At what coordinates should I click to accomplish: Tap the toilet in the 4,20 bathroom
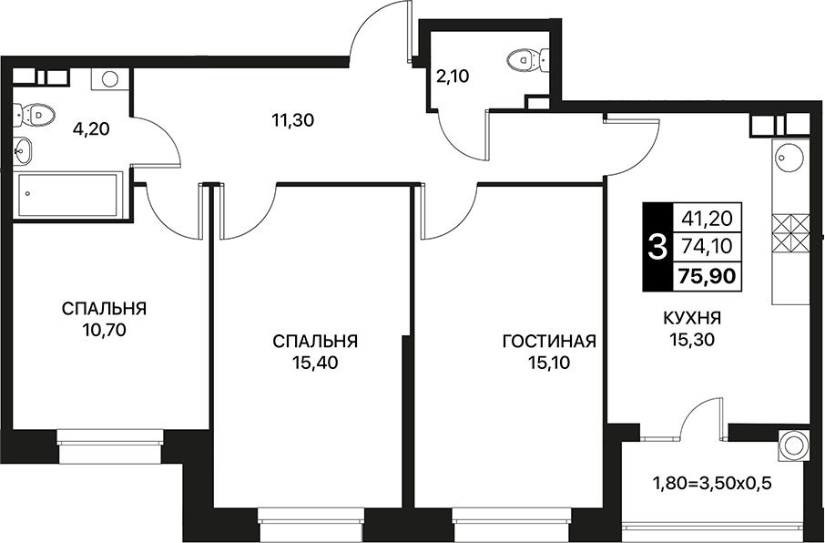tap(35, 114)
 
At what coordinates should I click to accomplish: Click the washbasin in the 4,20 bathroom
tap(23, 150)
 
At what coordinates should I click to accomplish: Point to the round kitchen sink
tap(790, 157)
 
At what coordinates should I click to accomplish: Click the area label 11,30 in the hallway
tap(293, 120)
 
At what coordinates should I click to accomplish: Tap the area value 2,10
tap(453, 77)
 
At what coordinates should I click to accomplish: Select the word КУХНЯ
tap(692, 319)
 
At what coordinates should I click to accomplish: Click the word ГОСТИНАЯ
tap(549, 342)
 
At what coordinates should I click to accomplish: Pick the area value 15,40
tap(315, 363)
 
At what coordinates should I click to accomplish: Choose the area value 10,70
tap(104, 330)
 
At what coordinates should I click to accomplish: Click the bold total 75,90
tap(707, 276)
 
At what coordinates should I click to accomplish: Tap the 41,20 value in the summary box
tap(707, 218)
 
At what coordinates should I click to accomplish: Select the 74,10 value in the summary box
tap(707, 246)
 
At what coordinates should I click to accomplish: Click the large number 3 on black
tap(657, 247)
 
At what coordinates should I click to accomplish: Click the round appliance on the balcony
tap(793, 445)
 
